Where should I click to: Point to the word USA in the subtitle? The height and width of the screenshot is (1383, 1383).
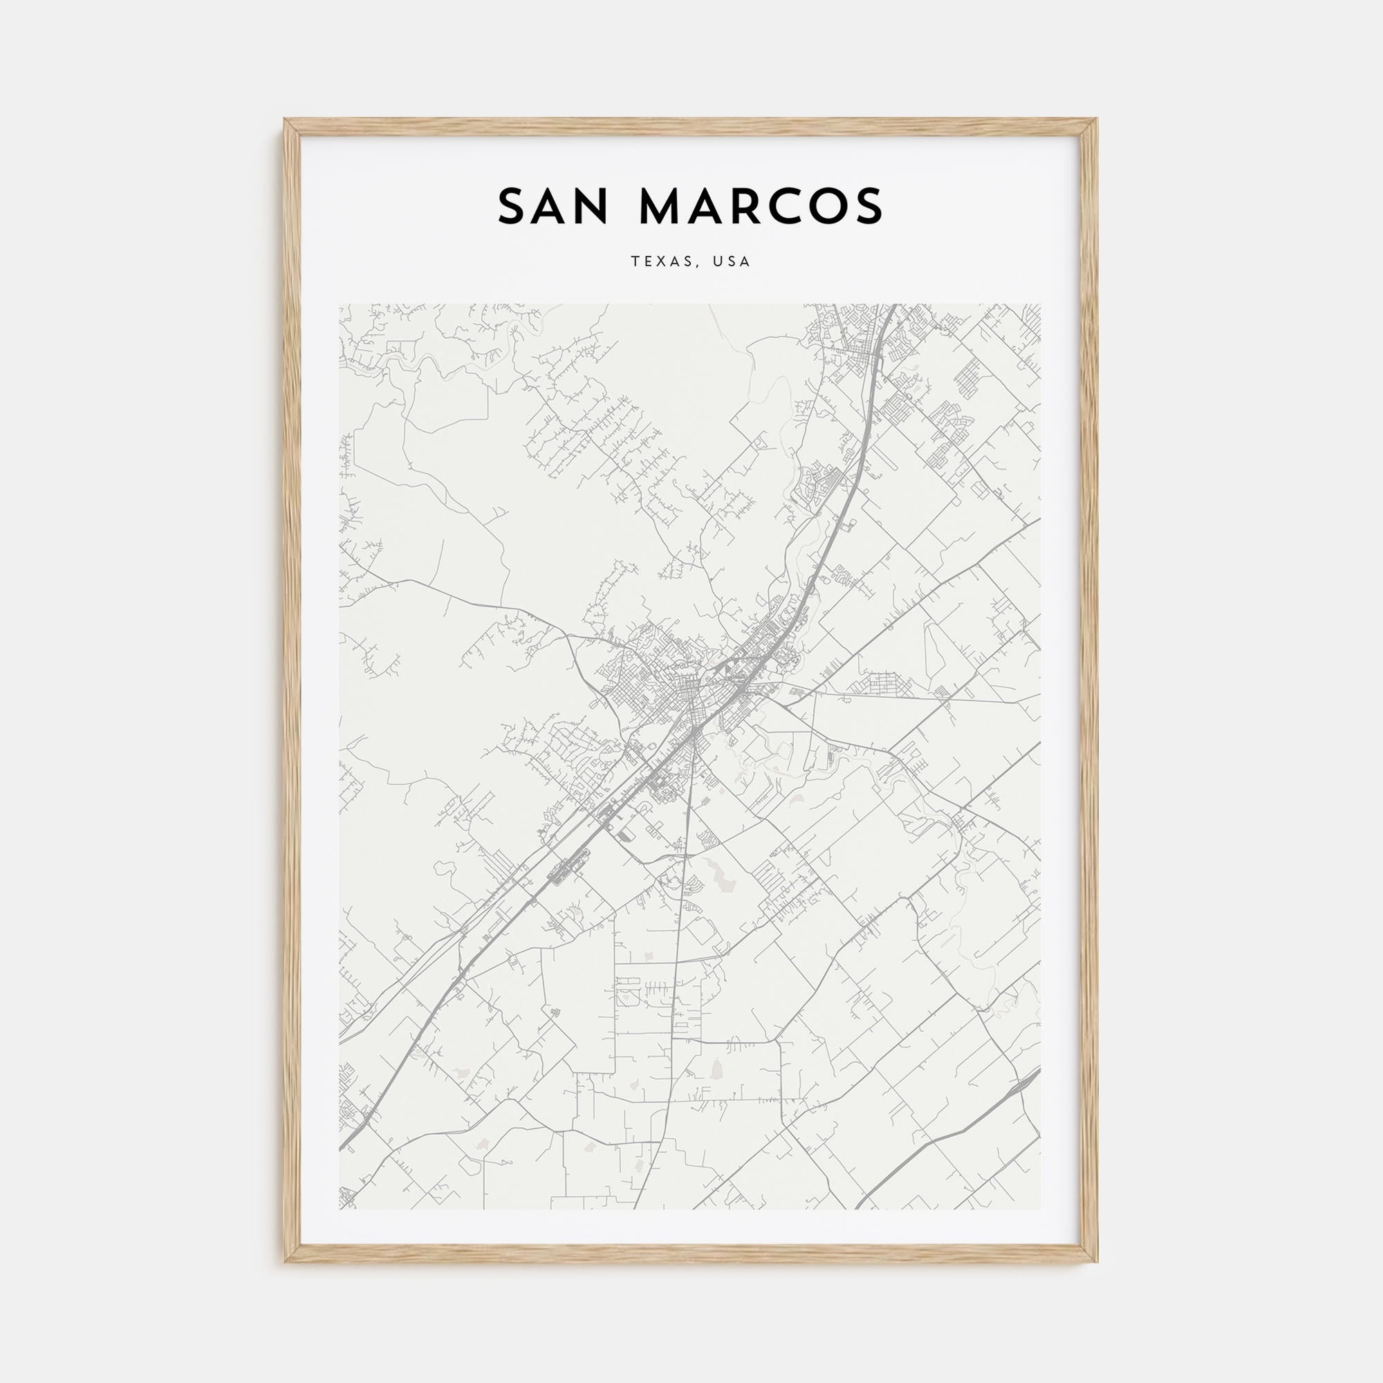pyautogui.click(x=731, y=262)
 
